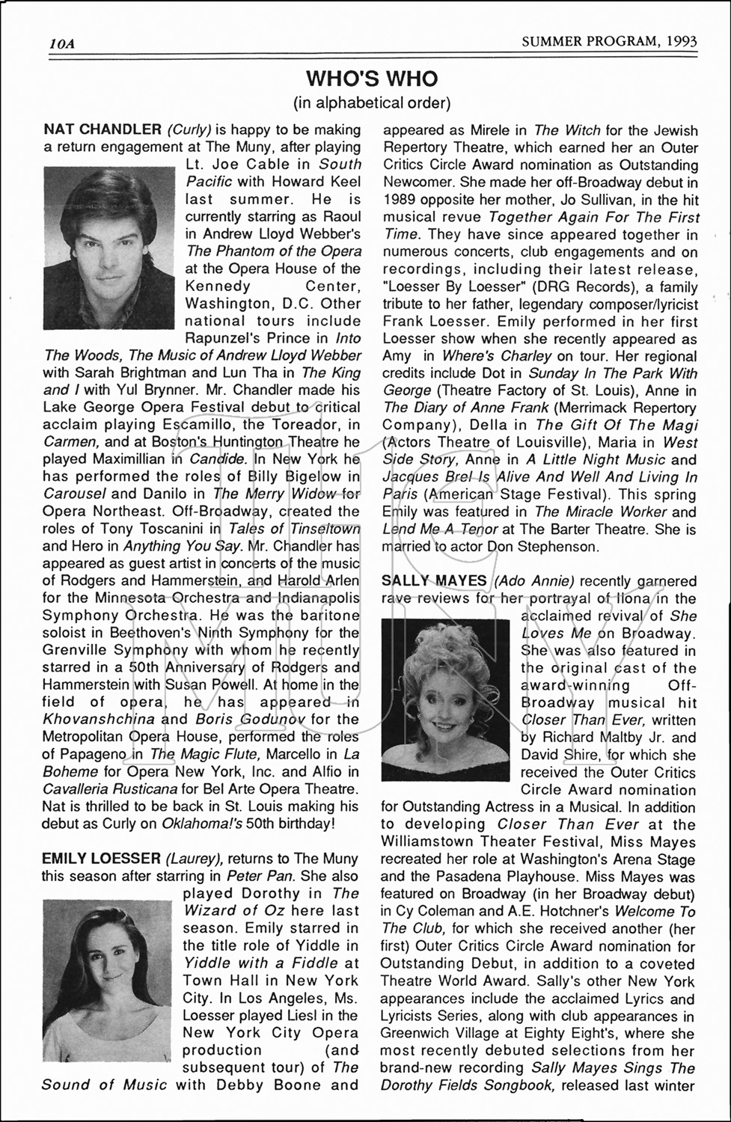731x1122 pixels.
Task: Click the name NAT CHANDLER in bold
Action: click(x=103, y=130)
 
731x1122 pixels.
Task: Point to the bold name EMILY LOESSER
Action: click(x=101, y=858)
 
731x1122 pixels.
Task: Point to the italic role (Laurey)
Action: click(x=194, y=858)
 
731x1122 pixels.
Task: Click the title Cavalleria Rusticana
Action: click(x=110, y=788)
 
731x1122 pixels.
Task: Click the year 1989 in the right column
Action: click(x=399, y=200)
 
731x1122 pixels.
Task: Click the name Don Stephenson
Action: click(x=542, y=546)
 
